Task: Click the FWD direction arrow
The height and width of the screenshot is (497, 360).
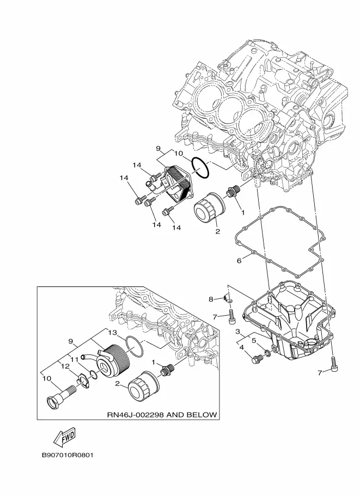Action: (64, 437)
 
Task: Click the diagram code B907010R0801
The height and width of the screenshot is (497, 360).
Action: (68, 455)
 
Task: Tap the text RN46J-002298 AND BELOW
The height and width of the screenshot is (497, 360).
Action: (162, 414)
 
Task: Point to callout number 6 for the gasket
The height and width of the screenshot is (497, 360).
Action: (239, 261)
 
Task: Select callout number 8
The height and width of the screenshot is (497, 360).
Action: (211, 299)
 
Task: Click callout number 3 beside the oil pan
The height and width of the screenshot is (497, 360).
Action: (237, 332)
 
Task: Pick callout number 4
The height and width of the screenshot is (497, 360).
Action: (242, 347)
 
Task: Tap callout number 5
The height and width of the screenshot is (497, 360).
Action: (254, 340)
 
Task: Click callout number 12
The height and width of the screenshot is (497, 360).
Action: (65, 366)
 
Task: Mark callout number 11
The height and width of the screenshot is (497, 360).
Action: (74, 359)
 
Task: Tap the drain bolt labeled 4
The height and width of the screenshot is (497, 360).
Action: (257, 359)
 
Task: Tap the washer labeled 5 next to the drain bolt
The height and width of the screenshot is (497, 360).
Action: (267, 352)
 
